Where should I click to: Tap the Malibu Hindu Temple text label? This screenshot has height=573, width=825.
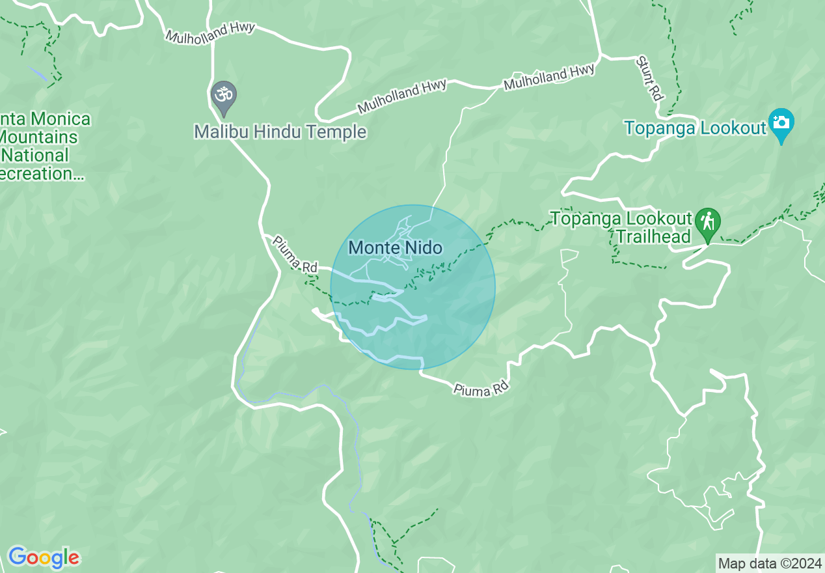[x=280, y=132]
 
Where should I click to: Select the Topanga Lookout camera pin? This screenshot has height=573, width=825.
[x=781, y=123]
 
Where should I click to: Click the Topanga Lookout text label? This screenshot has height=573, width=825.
[x=696, y=128]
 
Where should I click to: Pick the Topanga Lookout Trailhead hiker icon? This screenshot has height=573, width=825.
[x=707, y=221]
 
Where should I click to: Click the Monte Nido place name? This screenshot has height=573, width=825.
[x=395, y=247]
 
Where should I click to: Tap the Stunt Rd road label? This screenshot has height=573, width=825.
[x=649, y=78]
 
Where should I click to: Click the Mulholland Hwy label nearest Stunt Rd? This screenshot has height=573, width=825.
[x=550, y=77]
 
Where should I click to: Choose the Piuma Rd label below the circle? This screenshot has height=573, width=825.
[x=480, y=389]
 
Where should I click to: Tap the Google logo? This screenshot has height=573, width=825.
[x=44, y=557]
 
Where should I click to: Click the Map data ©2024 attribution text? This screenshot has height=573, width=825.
[x=770, y=563]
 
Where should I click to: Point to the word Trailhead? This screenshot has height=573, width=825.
[x=653, y=236]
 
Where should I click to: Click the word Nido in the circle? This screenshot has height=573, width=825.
[x=423, y=247]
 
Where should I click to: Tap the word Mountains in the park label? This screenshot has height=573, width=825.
[x=39, y=137]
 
